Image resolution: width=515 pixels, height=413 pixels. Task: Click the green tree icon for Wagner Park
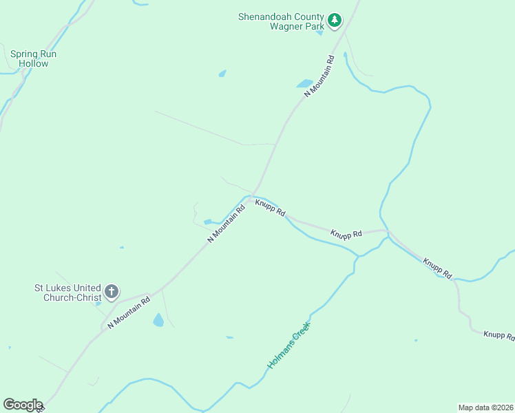click(x=335, y=20)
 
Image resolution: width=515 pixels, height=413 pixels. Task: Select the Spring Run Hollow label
click(x=33, y=59)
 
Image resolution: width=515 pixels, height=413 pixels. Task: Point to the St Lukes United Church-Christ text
click(x=67, y=293)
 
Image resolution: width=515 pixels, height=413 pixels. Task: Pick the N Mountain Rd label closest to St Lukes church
click(x=129, y=313)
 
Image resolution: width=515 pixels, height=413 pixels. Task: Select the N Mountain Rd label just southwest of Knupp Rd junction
click(x=227, y=222)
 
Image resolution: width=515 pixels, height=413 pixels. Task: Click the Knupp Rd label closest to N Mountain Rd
click(x=270, y=207)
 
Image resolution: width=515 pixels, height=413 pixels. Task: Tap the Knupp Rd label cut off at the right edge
click(x=498, y=335)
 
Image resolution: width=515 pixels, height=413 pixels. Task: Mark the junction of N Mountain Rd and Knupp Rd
click(x=253, y=196)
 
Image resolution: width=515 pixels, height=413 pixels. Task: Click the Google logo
click(x=23, y=405)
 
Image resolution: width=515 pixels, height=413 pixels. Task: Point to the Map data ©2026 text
click(x=485, y=407)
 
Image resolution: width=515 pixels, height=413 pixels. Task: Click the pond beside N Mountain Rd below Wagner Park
click(x=304, y=84)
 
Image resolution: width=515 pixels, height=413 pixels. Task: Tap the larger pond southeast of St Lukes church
click(x=158, y=320)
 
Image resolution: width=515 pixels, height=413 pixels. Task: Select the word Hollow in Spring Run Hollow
click(x=33, y=64)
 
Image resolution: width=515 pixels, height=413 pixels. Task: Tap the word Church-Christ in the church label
click(x=72, y=298)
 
